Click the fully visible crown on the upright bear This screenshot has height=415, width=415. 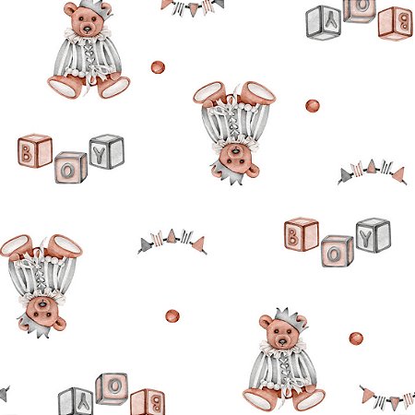[290, 320]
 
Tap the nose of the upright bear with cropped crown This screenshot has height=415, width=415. [88, 30]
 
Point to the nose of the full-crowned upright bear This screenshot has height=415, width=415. [282, 341]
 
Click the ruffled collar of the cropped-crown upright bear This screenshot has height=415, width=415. [87, 35]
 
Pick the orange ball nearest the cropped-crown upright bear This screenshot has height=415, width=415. [158, 67]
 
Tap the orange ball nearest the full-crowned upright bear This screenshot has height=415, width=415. [356, 338]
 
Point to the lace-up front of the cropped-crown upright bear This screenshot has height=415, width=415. [88, 55]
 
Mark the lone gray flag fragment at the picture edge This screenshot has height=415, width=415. [5, 393]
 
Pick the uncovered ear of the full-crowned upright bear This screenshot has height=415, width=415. [265, 322]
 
